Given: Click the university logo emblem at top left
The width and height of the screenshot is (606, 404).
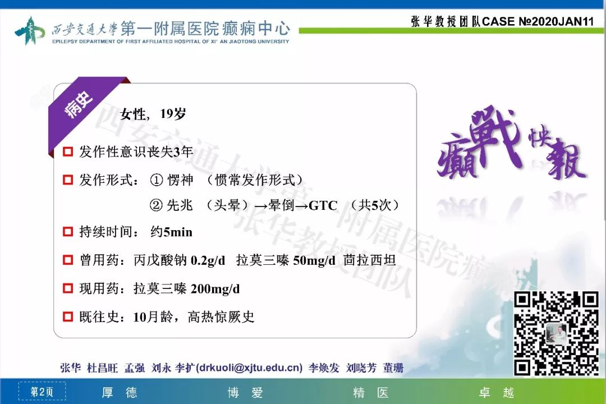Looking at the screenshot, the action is tap(30, 30).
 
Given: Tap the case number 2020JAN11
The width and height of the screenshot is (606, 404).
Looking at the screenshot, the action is tap(562, 21).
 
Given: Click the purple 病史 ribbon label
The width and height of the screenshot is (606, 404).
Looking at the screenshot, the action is tap(79, 104).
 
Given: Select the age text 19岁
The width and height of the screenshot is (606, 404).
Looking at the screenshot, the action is tap(173, 114).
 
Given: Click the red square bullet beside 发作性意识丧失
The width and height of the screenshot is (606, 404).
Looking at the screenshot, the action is tap(68, 151).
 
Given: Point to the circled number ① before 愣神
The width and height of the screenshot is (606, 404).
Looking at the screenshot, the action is tap(157, 180).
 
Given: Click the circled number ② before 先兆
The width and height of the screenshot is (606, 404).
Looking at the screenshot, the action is tap(156, 205).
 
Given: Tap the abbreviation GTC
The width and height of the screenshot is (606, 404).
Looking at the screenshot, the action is tap(323, 205).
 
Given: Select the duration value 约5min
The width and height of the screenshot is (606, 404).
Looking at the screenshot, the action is tap(171, 232).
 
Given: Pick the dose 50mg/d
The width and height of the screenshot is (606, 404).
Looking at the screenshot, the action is tap(314, 260).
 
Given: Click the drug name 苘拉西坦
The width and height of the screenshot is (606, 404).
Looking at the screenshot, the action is tap(369, 260).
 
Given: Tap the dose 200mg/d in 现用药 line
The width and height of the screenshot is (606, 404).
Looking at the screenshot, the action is tap(215, 289).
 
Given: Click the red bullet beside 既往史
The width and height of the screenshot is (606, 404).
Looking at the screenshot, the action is tap(68, 316).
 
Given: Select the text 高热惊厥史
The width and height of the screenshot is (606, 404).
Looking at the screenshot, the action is tap(221, 317).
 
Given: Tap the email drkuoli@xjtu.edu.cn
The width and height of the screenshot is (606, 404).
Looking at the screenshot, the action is tap(249, 368).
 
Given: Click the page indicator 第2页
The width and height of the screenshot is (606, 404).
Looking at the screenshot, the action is tap(42, 392).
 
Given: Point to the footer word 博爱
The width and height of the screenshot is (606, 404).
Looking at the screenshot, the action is tap(245, 393).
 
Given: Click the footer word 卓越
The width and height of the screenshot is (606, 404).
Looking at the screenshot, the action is tap(497, 393).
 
